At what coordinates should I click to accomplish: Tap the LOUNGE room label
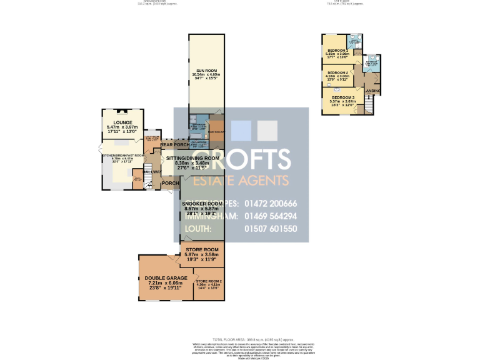point(122,122)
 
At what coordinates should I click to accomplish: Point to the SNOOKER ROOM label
point(202,204)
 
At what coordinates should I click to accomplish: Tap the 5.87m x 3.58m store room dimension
point(202,254)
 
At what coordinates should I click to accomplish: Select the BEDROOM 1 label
point(337,50)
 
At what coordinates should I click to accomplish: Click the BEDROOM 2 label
point(337,72)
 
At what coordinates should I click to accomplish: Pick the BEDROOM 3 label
point(342,97)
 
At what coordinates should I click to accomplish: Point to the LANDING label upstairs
point(373,91)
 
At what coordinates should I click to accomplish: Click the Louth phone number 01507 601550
point(270,229)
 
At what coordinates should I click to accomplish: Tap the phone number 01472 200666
point(270,204)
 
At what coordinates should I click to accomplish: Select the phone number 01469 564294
point(270,216)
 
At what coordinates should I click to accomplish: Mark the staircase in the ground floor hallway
point(148,181)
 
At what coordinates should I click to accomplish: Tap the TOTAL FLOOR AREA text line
point(241,337)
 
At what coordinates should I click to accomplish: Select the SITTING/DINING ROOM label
point(192,159)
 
